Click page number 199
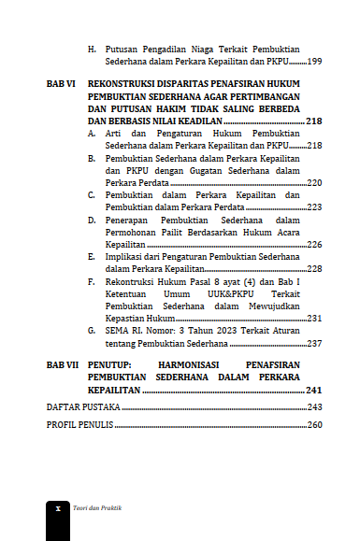[x=315, y=61]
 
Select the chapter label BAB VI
[x=62, y=85]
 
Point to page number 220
[x=315, y=183]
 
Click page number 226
[x=315, y=244]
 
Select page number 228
[x=315, y=268]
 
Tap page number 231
[x=315, y=318]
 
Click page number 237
[x=315, y=343]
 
